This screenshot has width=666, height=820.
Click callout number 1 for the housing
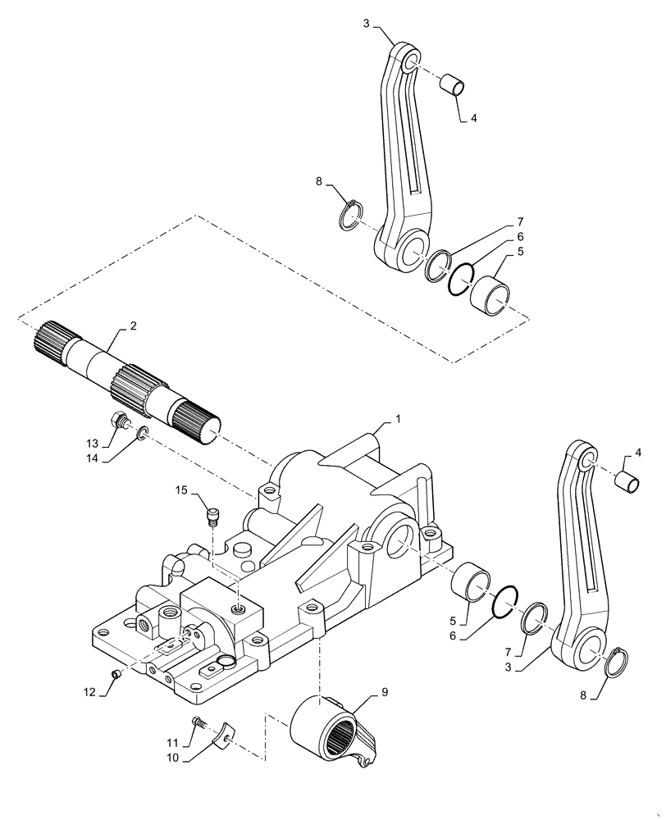pos(398,419)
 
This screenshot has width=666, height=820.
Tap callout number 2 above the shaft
pos(134,326)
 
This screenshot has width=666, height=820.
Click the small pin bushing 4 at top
pos(453,84)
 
